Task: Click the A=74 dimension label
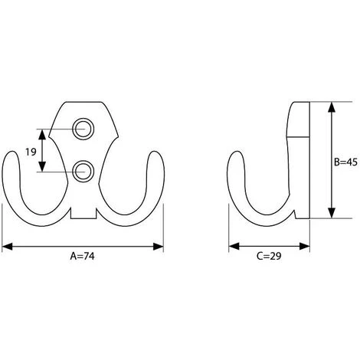point(82,256)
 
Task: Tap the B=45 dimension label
point(345,162)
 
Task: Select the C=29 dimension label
point(269,256)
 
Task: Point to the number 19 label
point(31,152)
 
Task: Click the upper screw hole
point(83,129)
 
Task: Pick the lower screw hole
point(83,172)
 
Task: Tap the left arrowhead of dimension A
point(7,247)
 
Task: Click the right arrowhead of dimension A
point(158,247)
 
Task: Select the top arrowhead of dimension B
point(332,107)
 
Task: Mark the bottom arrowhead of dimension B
point(332,213)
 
